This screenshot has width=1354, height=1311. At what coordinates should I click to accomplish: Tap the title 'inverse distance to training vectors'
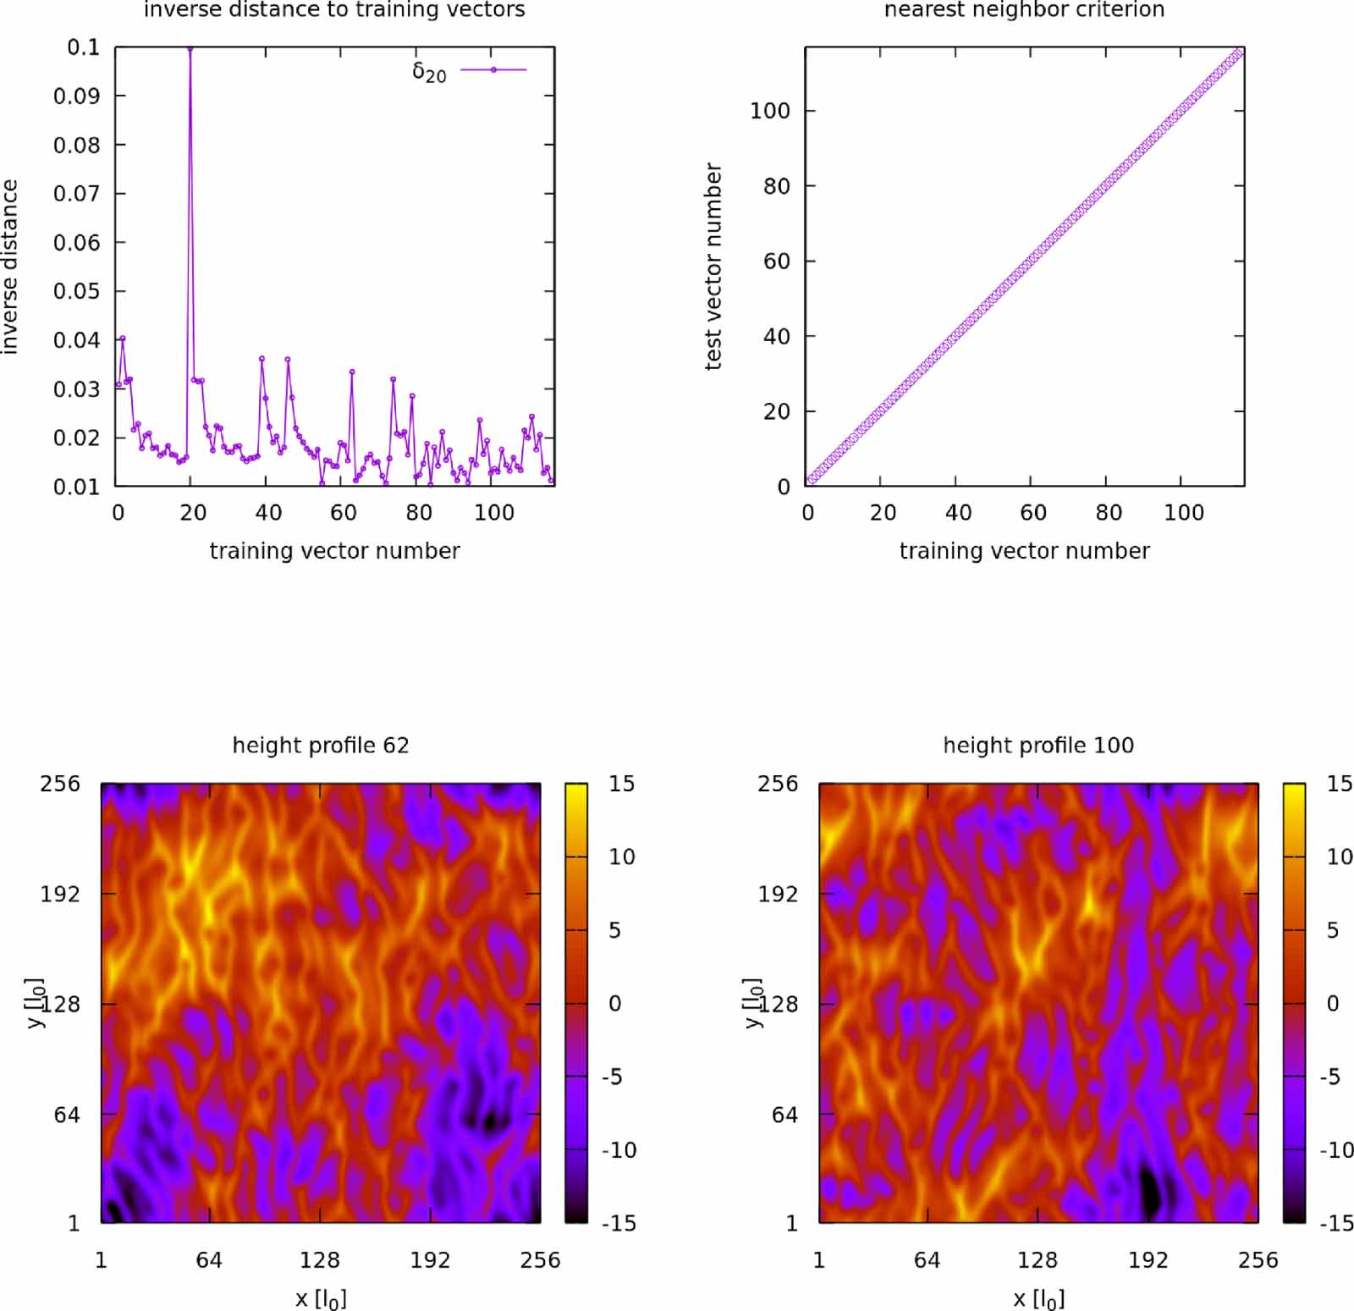coord(334,10)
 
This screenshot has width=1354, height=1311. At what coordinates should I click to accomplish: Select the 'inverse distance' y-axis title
coord(9,266)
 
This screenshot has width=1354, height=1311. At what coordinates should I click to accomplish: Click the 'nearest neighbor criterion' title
coord(1024,10)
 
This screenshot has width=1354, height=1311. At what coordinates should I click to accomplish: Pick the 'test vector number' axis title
coord(713,266)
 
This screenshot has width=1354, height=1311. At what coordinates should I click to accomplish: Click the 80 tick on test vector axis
coord(776,186)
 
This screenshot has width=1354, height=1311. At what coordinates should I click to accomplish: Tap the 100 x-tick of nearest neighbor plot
coord(1183,512)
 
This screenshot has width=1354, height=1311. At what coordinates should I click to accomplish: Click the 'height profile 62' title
coord(321,745)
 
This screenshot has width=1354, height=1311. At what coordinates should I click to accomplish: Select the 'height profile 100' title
coord(1038,745)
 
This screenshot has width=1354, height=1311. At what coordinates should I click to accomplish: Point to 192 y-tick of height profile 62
coord(60,894)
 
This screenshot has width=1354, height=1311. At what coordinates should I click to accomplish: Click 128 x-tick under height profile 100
coord(1037,1260)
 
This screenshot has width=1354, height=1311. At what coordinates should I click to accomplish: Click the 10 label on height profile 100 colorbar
coord(1339,857)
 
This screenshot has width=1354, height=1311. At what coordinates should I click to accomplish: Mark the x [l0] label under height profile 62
coord(321,1297)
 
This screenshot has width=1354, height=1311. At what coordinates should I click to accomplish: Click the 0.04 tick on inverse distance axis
coord(76,340)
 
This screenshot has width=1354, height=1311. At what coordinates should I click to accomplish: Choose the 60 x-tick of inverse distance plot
coord(343,512)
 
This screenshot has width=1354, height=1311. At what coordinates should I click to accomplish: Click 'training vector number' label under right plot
coord(1024,551)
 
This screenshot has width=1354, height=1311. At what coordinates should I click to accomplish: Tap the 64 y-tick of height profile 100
coord(784,1115)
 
